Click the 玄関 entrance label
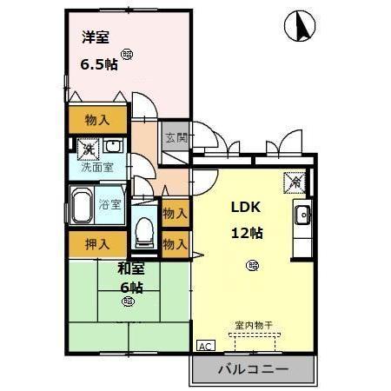pyautogui.click(x=174, y=136)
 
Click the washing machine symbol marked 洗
pyautogui.click(x=87, y=149)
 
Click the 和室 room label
pyautogui.click(x=131, y=268)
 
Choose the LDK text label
pyautogui.click(x=245, y=208)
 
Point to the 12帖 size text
pyautogui.click(x=247, y=233)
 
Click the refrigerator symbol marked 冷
pyautogui.click(x=295, y=182)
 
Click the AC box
pyautogui.click(x=206, y=345)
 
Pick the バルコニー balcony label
pyautogui.click(x=252, y=369)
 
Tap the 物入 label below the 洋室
pyautogui.click(x=97, y=120)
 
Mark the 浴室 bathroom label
pyautogui.click(x=109, y=206)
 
